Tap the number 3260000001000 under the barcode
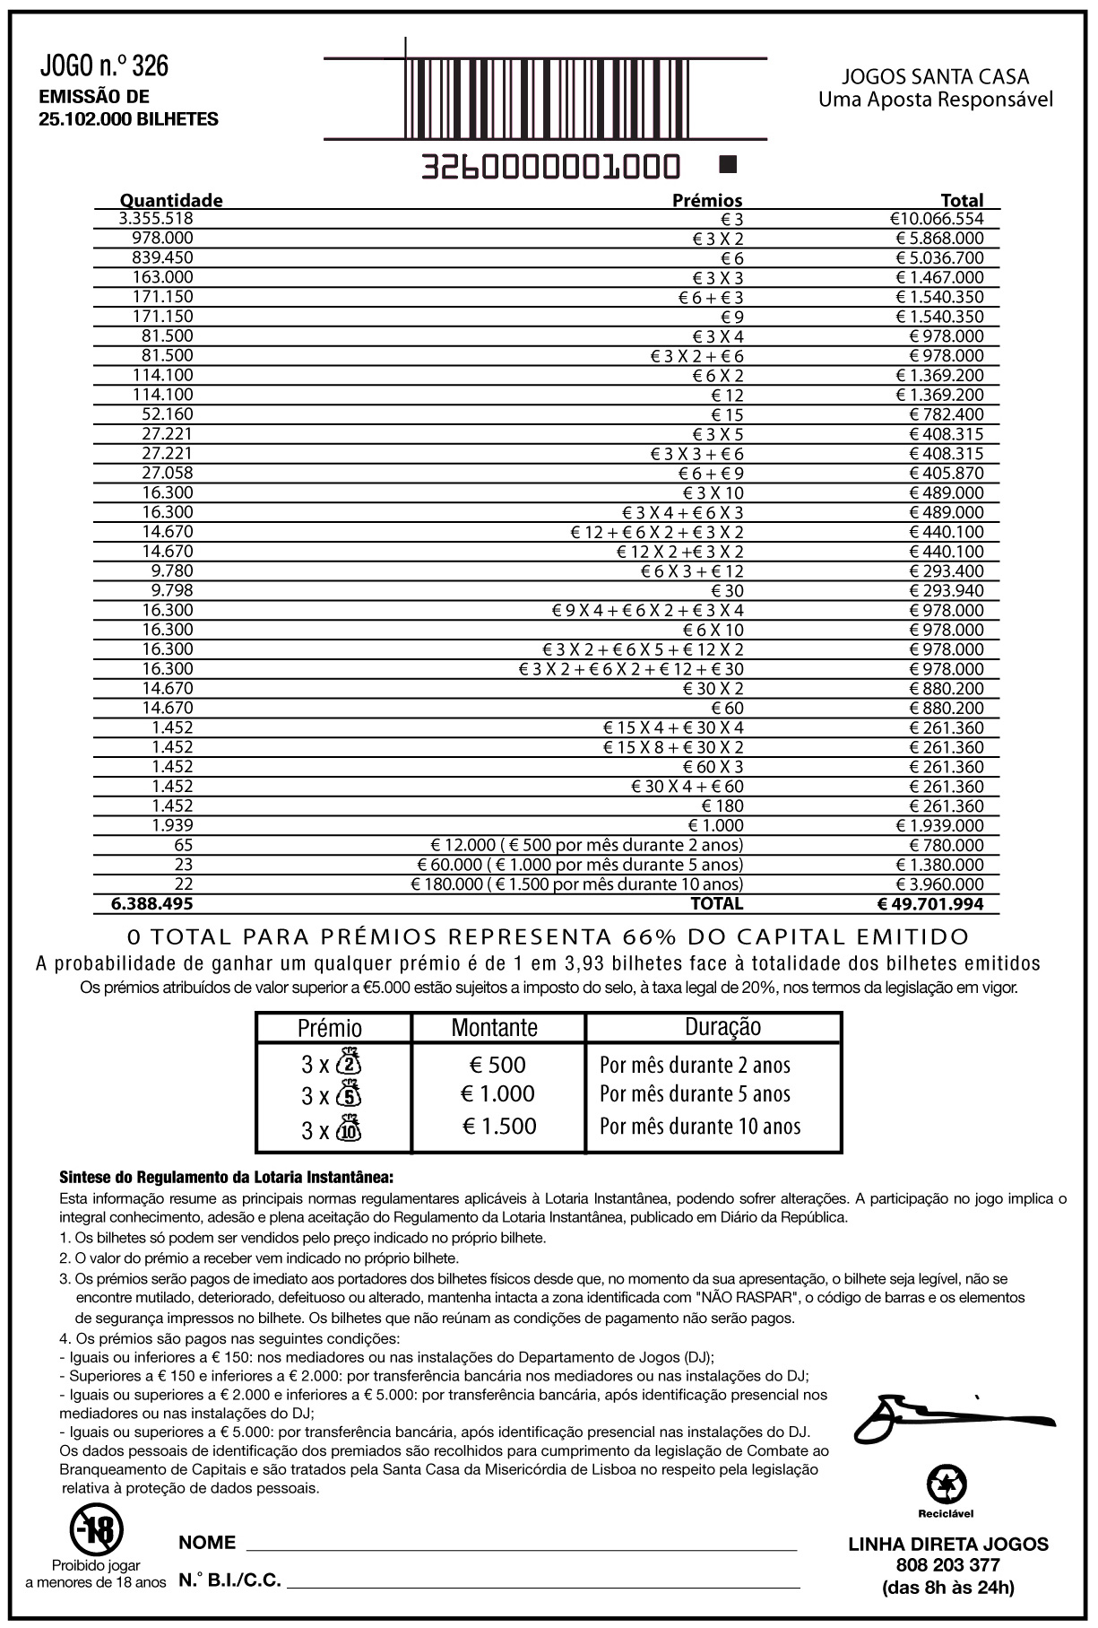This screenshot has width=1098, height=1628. pyautogui.click(x=550, y=167)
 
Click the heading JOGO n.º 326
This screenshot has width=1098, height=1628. pyautogui.click(x=104, y=65)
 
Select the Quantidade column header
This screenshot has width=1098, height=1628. pyautogui.click(x=171, y=200)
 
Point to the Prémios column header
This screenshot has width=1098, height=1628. pyautogui.click(x=707, y=200)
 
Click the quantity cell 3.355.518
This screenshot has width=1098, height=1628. pyautogui.click(x=156, y=219)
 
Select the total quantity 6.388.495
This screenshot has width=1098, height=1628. pyautogui.click(x=151, y=904)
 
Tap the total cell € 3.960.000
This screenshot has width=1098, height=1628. pyautogui.click(x=939, y=884)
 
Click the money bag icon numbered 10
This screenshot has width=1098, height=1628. pyautogui.click(x=349, y=1128)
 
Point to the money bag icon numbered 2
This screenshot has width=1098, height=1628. pyautogui.click(x=349, y=1062)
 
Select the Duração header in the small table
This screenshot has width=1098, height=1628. pyautogui.click(x=722, y=1028)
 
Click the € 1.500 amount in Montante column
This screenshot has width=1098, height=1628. pyautogui.click(x=499, y=1127)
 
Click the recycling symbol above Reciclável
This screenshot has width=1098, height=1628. pyautogui.click(x=946, y=1484)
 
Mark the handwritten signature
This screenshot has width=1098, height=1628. pyautogui.click(x=950, y=1415)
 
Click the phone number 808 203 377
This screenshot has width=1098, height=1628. pyautogui.click(x=947, y=1565)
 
